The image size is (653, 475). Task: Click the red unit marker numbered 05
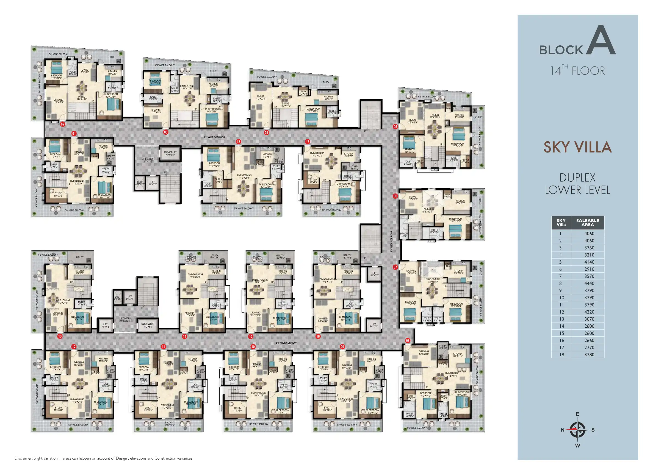395,127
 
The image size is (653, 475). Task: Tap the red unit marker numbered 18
238,142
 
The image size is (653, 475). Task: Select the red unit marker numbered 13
60,336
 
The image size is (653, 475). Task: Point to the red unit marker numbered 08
408,341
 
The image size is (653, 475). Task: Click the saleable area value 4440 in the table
589,283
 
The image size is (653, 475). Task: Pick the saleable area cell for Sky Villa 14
589,326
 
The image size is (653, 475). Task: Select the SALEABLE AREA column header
587,222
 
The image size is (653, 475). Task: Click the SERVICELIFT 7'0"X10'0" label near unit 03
170,154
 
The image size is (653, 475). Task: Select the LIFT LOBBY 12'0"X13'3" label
147,160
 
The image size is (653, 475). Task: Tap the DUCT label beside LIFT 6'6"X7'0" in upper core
140,183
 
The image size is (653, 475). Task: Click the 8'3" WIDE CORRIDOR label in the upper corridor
214,137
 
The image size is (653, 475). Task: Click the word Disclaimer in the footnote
23,458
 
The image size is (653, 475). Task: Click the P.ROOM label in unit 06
404,235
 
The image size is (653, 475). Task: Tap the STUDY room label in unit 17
313,181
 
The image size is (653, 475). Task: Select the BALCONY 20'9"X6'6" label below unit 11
170,424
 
